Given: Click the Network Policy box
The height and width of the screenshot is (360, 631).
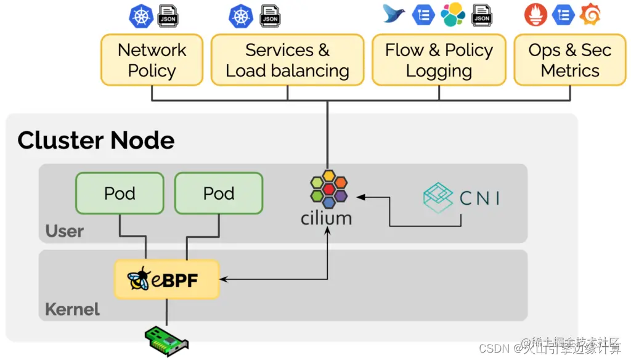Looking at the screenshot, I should [x=152, y=60].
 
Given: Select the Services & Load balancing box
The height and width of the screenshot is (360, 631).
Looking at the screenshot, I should [x=287, y=60].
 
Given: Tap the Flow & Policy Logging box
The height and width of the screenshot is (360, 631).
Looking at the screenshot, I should [x=439, y=60].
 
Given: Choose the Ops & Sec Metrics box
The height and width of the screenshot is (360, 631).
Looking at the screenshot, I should [x=569, y=60].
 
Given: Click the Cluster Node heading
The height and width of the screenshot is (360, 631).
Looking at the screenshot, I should [x=96, y=141].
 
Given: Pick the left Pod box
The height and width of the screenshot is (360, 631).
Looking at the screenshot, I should [x=120, y=194].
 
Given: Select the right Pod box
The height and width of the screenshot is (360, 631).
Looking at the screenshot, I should [x=219, y=194].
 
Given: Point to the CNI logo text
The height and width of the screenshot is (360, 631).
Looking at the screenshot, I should [x=479, y=198].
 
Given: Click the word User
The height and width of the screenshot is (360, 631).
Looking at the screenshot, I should [x=64, y=232].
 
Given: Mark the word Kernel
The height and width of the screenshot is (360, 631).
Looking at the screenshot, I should [x=72, y=309].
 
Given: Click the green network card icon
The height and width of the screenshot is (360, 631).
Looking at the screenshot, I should [x=166, y=337].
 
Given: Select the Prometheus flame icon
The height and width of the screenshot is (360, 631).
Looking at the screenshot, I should [x=535, y=15].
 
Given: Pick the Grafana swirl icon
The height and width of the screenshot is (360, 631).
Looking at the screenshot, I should [x=590, y=15].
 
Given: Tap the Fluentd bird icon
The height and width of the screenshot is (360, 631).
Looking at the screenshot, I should [x=394, y=14].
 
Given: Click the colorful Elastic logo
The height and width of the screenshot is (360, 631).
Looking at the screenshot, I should [x=453, y=15].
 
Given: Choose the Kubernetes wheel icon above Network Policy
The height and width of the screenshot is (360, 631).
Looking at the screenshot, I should [x=141, y=16].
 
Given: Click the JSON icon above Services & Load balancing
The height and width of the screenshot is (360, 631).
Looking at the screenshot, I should [x=270, y=16].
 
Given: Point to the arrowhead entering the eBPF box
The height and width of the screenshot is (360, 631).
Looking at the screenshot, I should [x=223, y=279].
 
